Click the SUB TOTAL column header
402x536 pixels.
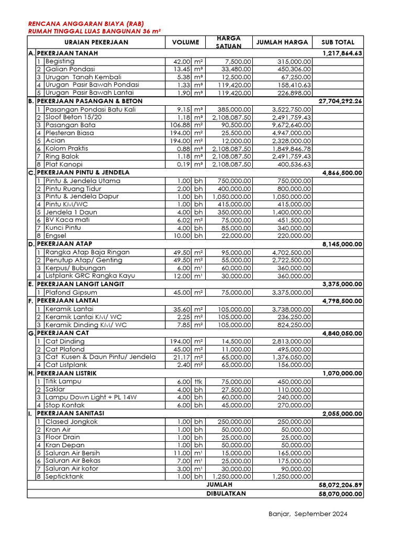click(338, 42)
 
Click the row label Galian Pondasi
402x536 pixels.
click(70, 69)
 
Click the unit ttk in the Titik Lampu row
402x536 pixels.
click(198, 382)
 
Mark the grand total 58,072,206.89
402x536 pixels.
click(340, 485)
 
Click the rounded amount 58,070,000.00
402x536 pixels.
click(340, 494)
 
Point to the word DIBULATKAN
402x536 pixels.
click(226, 493)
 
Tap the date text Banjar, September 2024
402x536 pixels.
click(307, 514)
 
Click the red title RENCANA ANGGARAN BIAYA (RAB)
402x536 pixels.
click(86, 24)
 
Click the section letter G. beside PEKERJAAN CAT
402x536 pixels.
click(31, 333)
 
